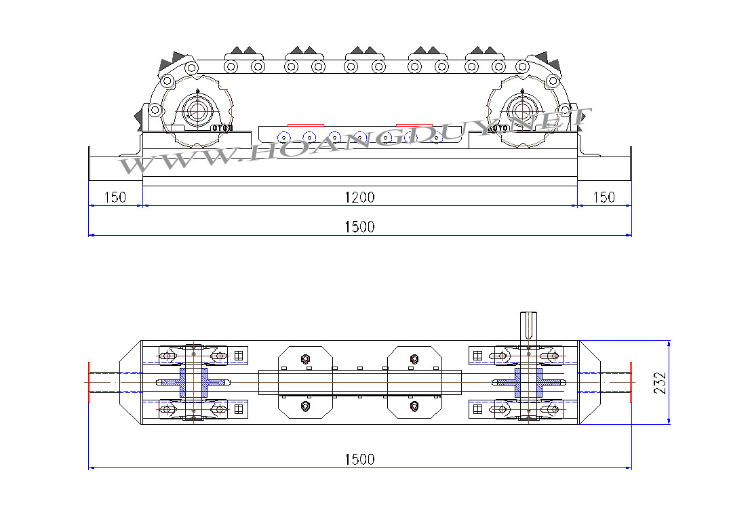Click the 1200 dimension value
[x=359, y=197]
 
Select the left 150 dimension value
[x=115, y=197]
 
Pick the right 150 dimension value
[x=604, y=197]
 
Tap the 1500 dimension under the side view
[x=359, y=227]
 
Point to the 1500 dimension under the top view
[x=359, y=459]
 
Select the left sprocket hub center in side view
[x=197, y=110]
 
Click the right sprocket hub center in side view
[x=522, y=110]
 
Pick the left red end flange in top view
[x=89, y=382]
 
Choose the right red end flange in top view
[x=631, y=382]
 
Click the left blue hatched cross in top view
[x=193, y=382]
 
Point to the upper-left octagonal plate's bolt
[x=306, y=358]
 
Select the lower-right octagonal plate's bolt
[x=414, y=406]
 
